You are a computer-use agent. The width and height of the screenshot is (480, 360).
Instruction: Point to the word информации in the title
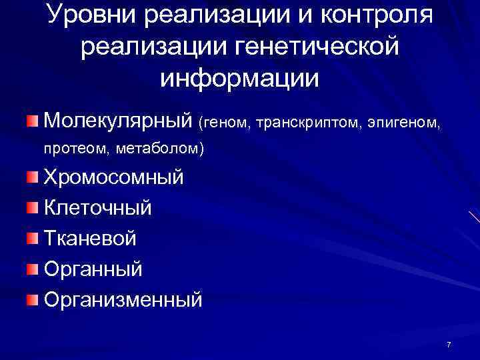click(x=240, y=77)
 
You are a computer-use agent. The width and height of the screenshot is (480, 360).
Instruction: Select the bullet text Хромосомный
click(x=113, y=178)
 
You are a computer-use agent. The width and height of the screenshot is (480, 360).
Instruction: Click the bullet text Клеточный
click(x=97, y=208)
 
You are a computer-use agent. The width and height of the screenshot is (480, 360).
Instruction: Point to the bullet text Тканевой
click(x=90, y=238)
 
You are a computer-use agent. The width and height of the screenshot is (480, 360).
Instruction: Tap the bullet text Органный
click(x=93, y=269)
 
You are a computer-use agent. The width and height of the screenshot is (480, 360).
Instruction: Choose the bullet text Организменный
click(x=123, y=299)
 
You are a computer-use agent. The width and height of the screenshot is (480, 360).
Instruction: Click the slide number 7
click(x=449, y=344)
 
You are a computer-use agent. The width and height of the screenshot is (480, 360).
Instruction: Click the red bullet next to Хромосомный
click(x=33, y=177)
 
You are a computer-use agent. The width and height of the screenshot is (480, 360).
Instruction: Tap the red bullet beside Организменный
click(x=33, y=299)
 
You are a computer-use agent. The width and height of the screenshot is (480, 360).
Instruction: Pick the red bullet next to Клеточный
click(x=33, y=207)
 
